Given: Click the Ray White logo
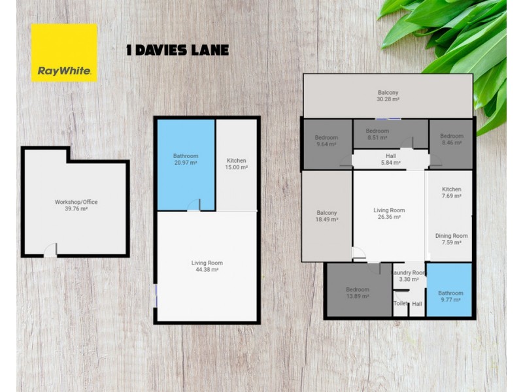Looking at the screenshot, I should tap(64, 53).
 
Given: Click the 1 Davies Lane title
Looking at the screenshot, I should tap(177, 50).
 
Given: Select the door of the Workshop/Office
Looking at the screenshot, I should tap(50, 250).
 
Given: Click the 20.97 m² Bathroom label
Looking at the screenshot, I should tap(186, 160).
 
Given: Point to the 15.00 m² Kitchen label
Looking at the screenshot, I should tap(237, 164).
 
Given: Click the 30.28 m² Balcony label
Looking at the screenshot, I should tap(388, 96).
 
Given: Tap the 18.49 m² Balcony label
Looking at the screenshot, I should tap(326, 216).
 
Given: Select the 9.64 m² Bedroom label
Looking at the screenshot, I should tap(326, 141).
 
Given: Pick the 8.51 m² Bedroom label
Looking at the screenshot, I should tap(377, 135).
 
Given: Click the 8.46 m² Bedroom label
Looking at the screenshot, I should tap(451, 140).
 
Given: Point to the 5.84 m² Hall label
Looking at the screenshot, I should tap(391, 159).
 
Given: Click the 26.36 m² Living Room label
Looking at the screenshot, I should tap(389, 214).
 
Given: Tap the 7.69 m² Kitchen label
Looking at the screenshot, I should tap(451, 193).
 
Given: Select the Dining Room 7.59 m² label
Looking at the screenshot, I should tap(451, 239).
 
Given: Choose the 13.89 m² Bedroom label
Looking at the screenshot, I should tap(357, 293).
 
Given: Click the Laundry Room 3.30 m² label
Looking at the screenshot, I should tap(409, 276).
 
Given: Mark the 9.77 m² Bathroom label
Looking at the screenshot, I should tap(450, 297).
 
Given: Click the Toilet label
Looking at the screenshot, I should tap(399, 304).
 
